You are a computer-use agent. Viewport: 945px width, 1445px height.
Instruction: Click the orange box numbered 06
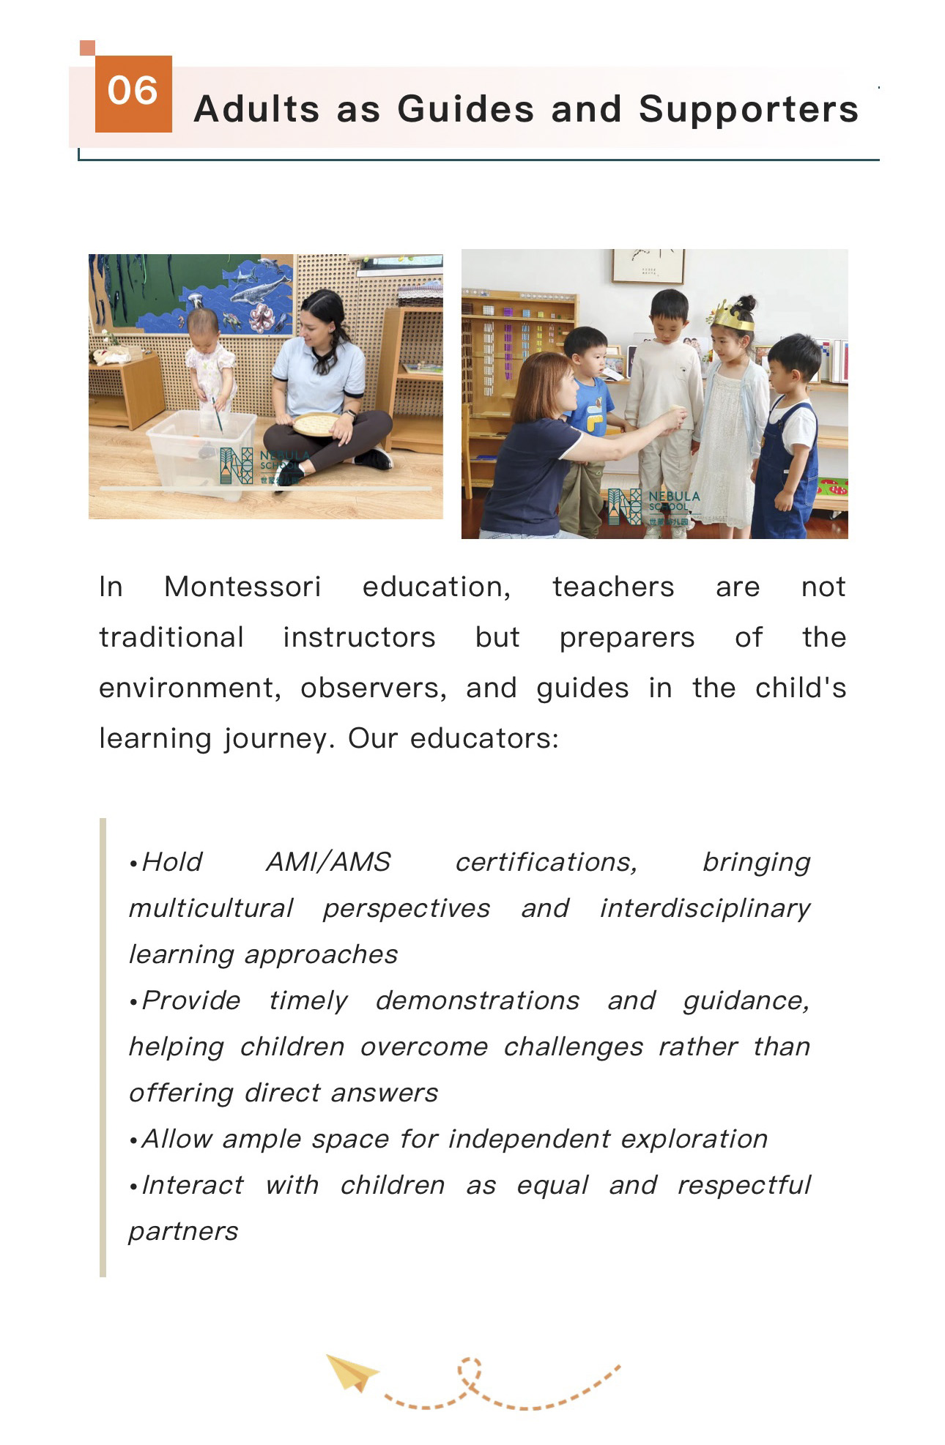[x=133, y=94]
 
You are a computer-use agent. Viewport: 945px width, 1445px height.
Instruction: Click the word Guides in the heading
[x=466, y=110]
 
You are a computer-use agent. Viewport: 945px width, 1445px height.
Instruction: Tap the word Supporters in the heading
[x=748, y=110]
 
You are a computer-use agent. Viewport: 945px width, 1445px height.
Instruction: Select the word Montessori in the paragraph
[x=242, y=587]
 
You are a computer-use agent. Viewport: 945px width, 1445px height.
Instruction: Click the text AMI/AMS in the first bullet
[x=328, y=863]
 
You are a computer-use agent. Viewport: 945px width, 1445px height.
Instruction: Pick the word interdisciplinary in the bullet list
[x=705, y=909]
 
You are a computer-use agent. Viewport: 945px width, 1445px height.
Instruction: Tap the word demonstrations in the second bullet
[x=478, y=1001]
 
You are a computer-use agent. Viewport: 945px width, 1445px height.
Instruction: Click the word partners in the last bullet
[x=183, y=1232]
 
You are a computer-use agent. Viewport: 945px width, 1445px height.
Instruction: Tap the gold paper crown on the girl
[x=734, y=316]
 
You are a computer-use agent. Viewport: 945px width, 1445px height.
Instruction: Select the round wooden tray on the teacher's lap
[x=316, y=424]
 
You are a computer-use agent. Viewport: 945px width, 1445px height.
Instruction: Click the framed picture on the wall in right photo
[x=648, y=265]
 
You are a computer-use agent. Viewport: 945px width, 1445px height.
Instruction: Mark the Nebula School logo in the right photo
[x=653, y=507]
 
